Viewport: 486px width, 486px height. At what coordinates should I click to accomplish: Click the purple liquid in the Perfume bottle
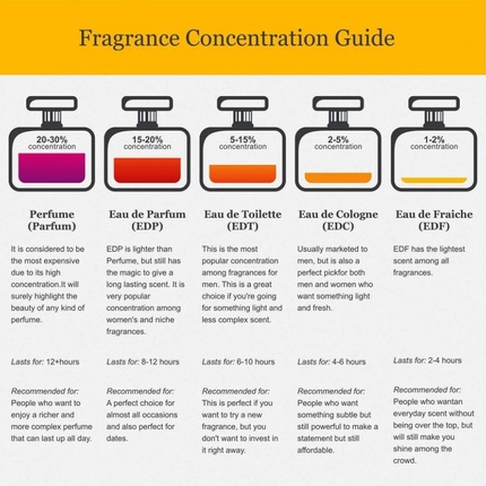(52, 168)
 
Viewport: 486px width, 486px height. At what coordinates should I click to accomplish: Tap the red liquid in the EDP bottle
(147, 170)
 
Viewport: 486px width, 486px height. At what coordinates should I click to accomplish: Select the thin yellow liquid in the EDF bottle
(434, 180)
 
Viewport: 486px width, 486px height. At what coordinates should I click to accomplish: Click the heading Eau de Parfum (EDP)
(147, 220)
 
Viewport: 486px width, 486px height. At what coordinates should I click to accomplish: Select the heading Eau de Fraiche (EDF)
(434, 220)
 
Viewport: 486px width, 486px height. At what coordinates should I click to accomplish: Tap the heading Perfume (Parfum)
(52, 220)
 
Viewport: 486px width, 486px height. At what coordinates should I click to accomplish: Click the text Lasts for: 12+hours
(45, 362)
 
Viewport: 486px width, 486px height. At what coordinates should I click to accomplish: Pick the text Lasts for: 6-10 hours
(238, 362)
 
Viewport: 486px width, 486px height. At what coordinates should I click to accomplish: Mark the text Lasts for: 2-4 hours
(427, 361)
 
